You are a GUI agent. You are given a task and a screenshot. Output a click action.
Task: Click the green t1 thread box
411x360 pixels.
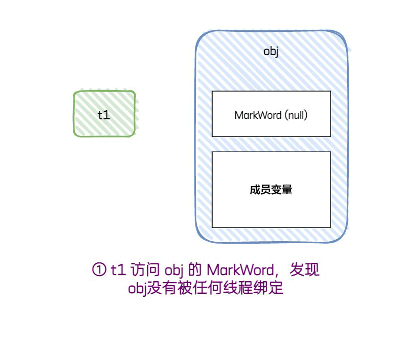coord(104,114)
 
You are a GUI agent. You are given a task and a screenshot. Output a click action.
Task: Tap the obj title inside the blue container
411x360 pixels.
coord(271,52)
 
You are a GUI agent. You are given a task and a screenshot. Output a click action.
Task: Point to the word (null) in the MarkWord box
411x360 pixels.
coord(296,115)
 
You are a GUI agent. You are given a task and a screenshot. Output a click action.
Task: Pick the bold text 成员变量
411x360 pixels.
coord(271,190)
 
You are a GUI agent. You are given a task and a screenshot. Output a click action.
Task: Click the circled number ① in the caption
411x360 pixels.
coord(99,270)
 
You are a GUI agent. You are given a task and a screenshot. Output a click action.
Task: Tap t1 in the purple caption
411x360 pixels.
coord(117,270)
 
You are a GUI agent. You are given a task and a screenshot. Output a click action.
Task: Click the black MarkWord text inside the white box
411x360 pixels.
coord(258,115)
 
